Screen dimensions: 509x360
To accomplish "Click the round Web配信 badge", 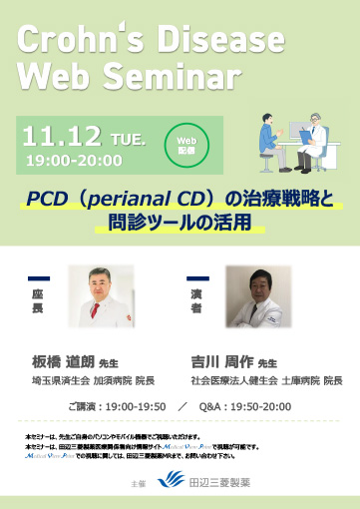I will coord(185,146).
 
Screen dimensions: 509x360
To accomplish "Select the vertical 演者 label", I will coord(196,298).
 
